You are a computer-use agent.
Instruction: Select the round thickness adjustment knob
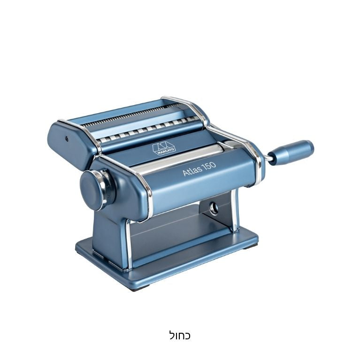(x=93, y=190)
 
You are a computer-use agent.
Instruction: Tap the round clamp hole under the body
(x=214, y=208)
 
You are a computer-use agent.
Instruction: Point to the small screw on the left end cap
(x=67, y=138)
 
